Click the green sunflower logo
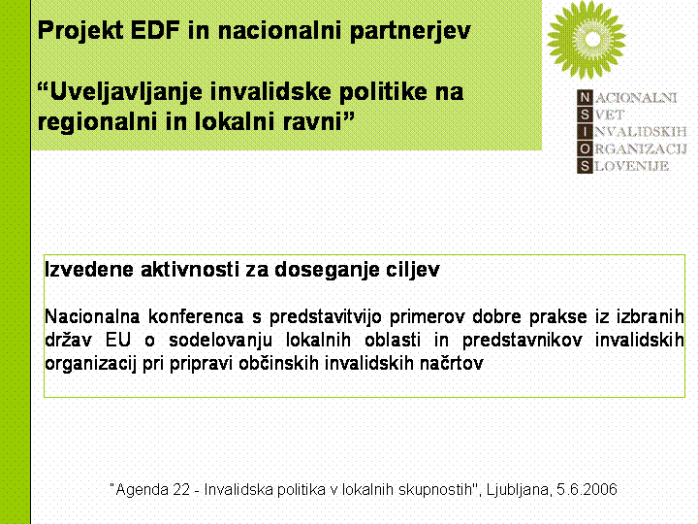click(587, 40)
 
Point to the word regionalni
click(98, 122)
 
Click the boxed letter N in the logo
click(585, 97)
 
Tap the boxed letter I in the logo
click(585, 132)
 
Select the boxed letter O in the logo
click(585, 148)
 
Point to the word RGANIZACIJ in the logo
click(641, 149)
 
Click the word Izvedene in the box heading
click(89, 270)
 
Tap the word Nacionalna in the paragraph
click(92, 316)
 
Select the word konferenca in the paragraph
click(196, 316)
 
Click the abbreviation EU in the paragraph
click(118, 341)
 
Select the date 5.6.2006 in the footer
click(587, 490)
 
